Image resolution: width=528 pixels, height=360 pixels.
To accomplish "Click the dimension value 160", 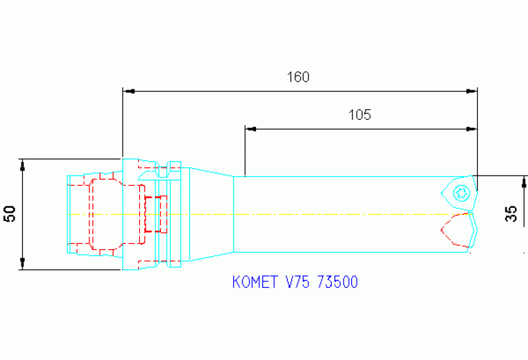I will click(298, 77).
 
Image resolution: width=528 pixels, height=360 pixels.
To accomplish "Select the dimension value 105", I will click(359, 115).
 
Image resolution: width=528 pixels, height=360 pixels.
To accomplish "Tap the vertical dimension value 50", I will click(10, 214).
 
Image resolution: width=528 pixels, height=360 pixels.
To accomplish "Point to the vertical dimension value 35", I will click(511, 214).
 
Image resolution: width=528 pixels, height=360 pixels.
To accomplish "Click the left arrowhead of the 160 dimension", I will click(127, 91).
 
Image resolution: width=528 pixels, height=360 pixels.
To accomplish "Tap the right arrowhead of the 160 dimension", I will click(472, 91).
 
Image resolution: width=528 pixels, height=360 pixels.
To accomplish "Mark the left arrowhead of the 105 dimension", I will click(250, 129).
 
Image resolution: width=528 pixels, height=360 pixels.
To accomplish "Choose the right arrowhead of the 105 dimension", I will click(472, 129).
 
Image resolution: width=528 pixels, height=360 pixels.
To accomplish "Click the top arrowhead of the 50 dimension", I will click(23, 165).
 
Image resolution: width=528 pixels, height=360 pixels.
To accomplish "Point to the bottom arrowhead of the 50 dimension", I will click(23, 264).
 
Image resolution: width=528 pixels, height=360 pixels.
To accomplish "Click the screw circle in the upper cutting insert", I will click(461, 193).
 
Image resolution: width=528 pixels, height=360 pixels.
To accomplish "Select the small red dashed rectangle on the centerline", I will click(156, 214).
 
